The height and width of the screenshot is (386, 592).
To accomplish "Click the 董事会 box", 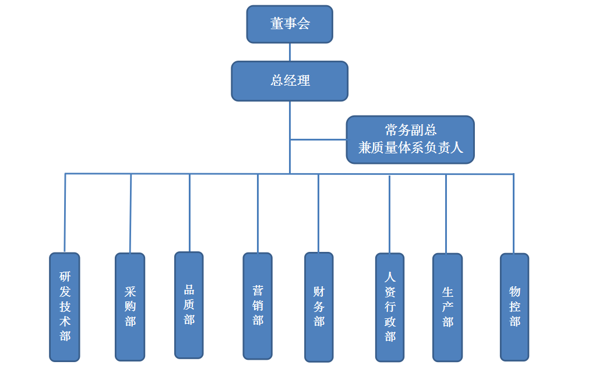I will pos(290,24).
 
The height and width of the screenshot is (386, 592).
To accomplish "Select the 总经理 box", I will pos(290,81).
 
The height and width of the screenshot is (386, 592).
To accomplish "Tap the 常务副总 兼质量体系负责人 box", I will pos(410,139).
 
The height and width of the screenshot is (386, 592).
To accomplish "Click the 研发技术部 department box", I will pos(65,307).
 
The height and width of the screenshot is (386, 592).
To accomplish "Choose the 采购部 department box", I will pos(130,307).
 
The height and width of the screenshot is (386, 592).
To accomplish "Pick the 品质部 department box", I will pos(189,305).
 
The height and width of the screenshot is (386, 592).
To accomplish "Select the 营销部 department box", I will pos(258,306).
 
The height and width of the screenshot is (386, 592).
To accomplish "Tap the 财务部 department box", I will pos(319,307).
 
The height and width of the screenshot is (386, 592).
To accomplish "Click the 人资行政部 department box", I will pos(390,307).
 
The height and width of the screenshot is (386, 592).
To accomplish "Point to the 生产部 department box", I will pos(447,307).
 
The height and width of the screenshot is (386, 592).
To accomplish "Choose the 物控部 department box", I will pos(515,307).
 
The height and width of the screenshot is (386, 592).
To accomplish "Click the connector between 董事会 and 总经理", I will pos(290,52).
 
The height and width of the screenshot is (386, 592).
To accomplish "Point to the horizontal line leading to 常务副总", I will pos(318,139).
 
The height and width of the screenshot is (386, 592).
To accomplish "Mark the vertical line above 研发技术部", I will pos(65,213).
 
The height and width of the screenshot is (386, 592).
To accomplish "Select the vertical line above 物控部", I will pos(513,213).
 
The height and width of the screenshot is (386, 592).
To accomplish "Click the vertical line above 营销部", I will pos(258,213).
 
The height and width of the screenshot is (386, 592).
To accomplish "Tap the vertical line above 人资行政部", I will pos(389,213).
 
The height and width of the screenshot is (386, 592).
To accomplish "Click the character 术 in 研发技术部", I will pos(65,322).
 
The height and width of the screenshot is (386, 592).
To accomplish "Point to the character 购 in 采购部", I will pos(130,307).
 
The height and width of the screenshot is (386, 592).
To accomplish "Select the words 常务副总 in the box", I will pos(410,130).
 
